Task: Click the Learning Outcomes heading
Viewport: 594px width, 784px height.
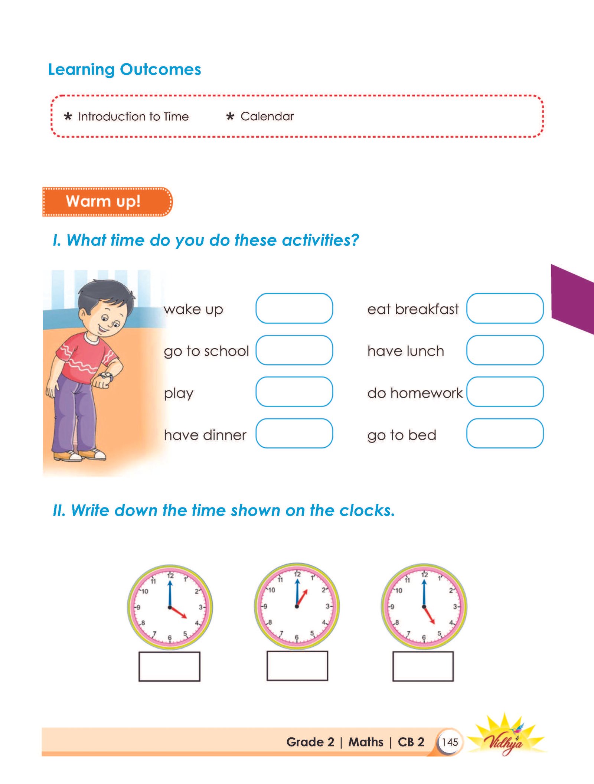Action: (x=124, y=69)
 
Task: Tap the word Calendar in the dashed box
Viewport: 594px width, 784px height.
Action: (x=267, y=116)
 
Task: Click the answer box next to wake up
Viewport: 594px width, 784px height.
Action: (x=294, y=308)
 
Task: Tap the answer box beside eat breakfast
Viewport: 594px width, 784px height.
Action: (x=505, y=308)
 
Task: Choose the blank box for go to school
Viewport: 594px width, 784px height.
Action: (x=294, y=350)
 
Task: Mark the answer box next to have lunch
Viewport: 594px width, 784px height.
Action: (x=505, y=350)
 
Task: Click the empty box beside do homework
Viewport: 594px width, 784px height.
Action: (x=505, y=392)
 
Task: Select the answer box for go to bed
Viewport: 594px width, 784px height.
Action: (x=505, y=433)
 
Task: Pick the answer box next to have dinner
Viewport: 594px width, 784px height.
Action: (x=294, y=433)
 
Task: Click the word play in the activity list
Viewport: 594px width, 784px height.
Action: (x=179, y=393)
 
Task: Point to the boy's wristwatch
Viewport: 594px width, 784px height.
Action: (x=107, y=376)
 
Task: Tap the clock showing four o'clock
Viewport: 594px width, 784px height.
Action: (x=170, y=608)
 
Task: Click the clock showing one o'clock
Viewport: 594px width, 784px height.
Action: (x=297, y=606)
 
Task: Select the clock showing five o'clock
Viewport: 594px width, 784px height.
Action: (x=424, y=607)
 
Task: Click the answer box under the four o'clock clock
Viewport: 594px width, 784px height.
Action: (x=169, y=666)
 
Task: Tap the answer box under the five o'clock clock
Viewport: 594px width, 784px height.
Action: (x=423, y=666)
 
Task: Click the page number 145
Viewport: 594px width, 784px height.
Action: (x=450, y=742)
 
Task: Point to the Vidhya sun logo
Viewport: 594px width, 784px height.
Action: (x=505, y=737)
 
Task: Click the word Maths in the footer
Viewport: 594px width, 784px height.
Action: (x=366, y=742)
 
